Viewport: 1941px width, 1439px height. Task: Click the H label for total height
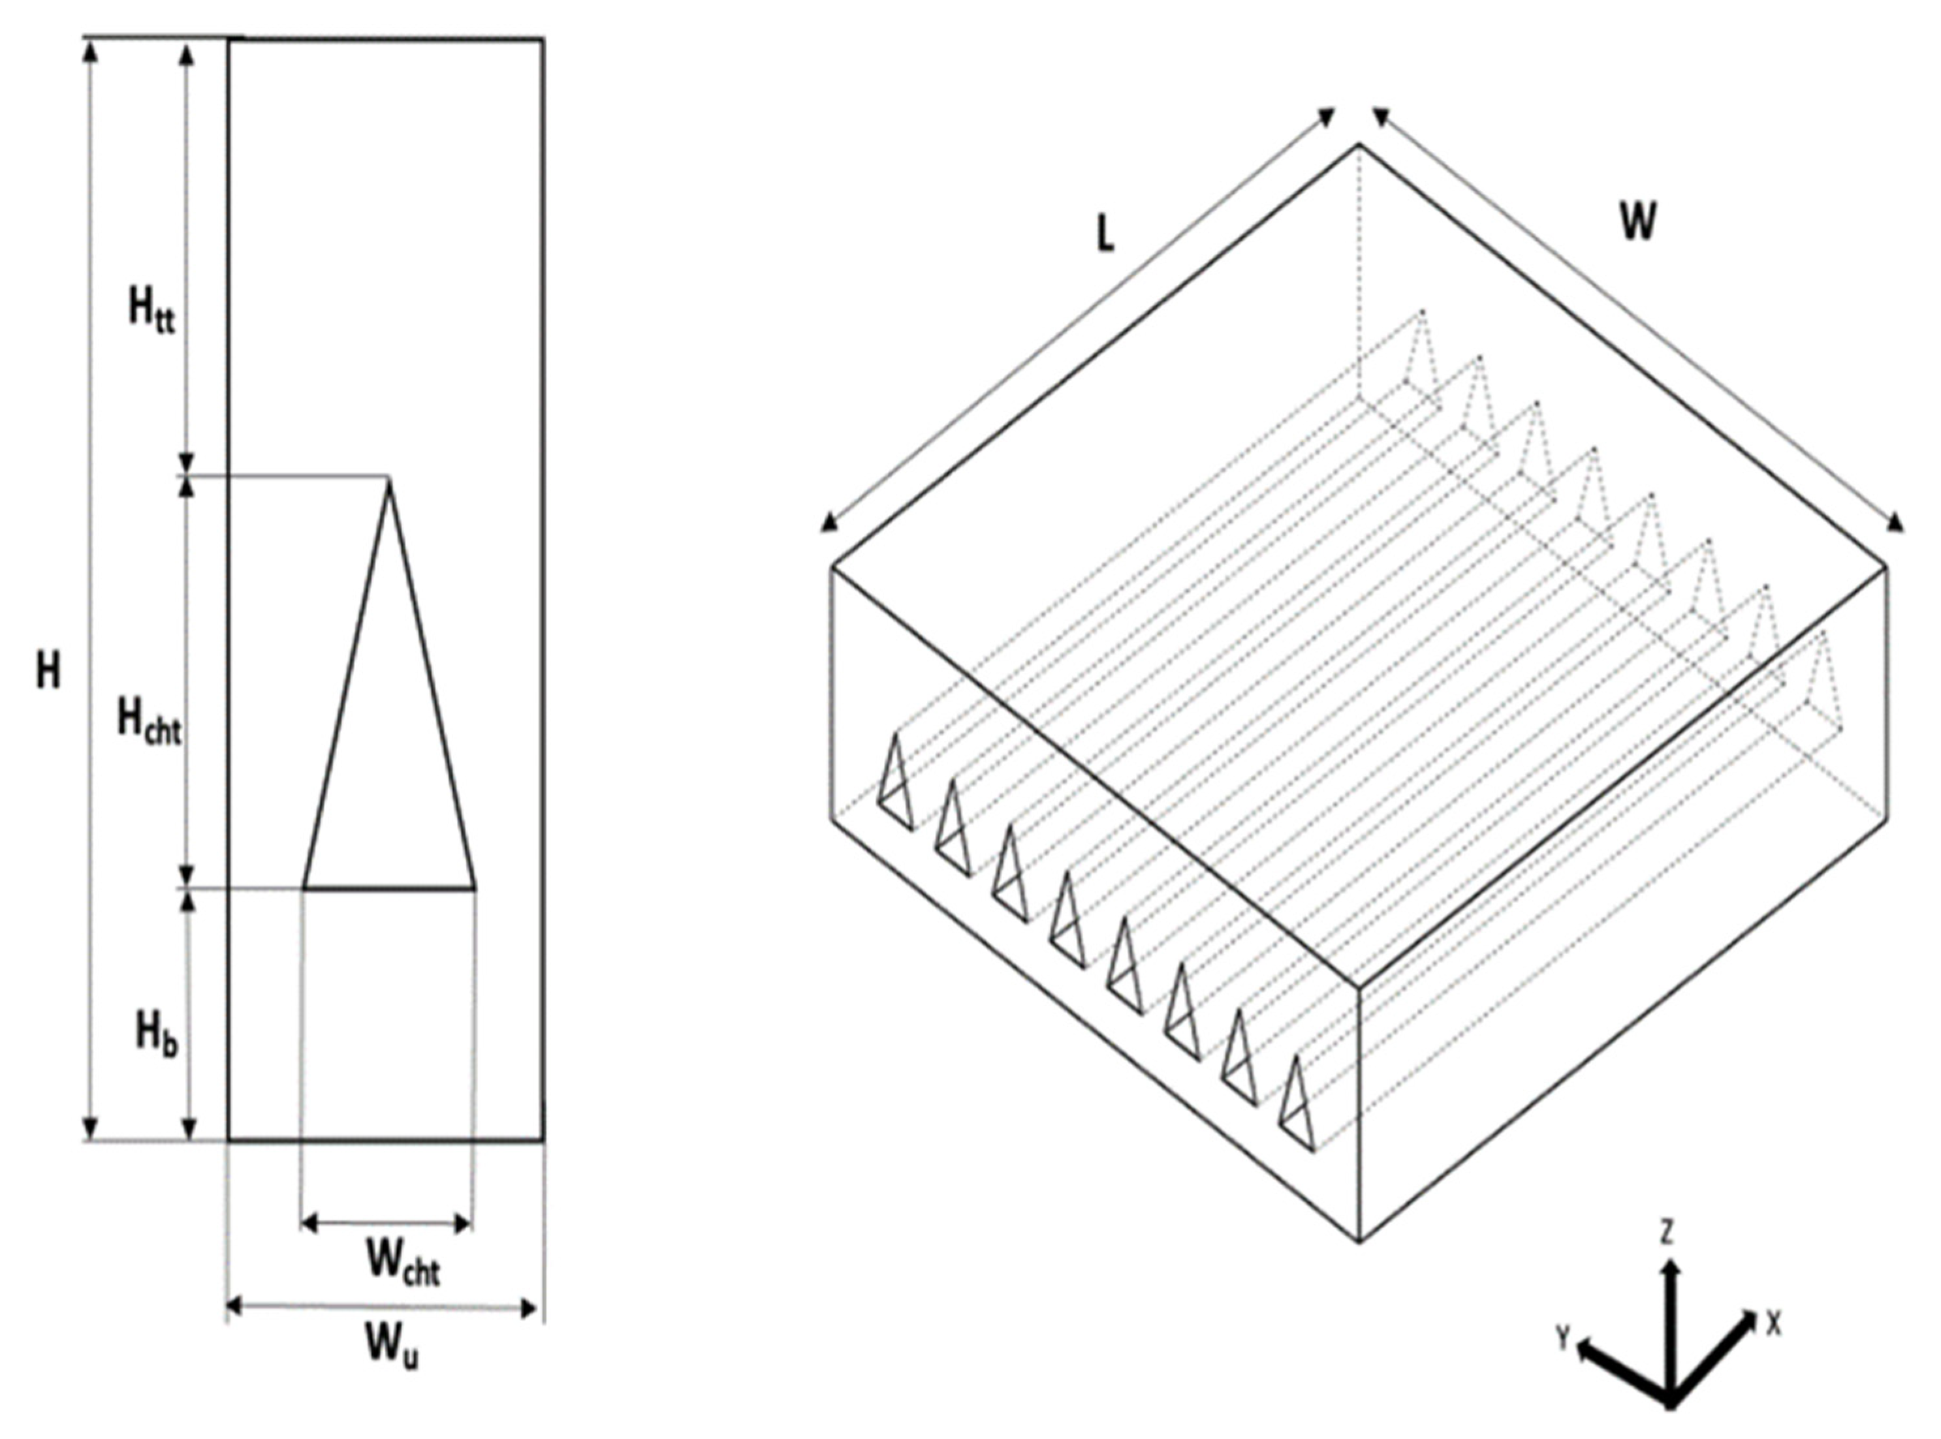coord(49,672)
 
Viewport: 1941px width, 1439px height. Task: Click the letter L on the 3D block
coord(1105,235)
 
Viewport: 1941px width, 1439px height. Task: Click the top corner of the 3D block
coord(1358,145)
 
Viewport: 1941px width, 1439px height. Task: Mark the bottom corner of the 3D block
coord(1360,1241)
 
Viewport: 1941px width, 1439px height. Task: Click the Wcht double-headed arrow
coord(387,1224)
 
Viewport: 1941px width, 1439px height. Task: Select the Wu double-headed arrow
coord(381,1307)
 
